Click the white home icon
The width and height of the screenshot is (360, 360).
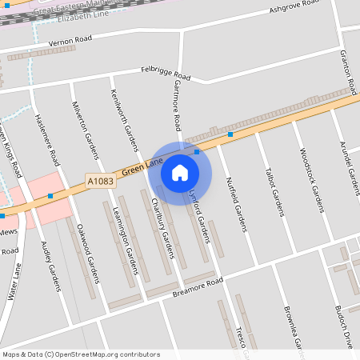point(180,172)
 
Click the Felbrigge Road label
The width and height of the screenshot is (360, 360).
point(166,73)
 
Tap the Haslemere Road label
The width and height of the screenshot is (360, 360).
point(47,140)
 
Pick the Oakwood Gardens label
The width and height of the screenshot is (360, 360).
point(86,251)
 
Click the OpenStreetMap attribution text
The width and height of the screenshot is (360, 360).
point(80,354)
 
